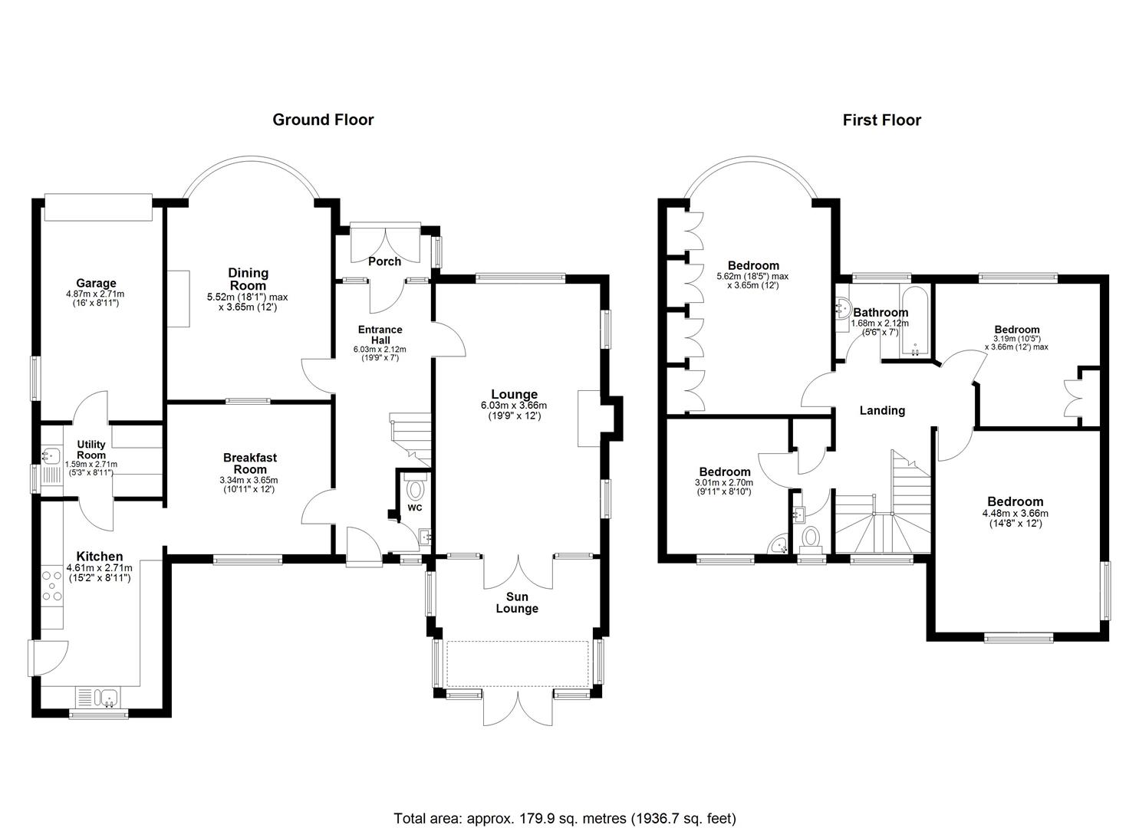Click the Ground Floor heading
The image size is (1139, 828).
tap(323, 120)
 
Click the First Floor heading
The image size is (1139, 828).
tap(882, 120)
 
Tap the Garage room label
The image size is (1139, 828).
tap(96, 283)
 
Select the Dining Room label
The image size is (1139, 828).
tap(249, 280)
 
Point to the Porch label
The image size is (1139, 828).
tap(384, 261)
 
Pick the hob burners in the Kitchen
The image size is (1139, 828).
tap(52, 586)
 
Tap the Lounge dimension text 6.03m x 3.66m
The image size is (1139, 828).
tap(514, 406)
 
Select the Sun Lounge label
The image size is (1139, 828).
tap(517, 603)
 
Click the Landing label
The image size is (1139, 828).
tap(882, 410)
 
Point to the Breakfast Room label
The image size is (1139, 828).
tap(250, 463)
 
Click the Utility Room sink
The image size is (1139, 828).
tap(51, 455)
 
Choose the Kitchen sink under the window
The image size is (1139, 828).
tap(108, 697)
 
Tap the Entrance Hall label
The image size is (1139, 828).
tap(380, 335)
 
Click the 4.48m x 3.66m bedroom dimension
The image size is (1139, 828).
tap(1015, 514)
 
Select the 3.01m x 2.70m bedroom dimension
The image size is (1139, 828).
tap(724, 483)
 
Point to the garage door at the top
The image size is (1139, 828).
tap(98, 207)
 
